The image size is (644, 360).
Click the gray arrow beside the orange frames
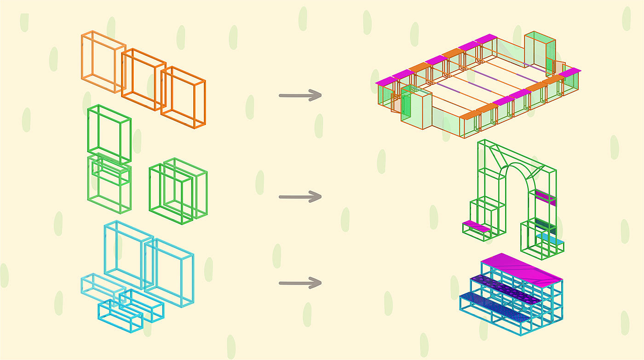coord(300,96)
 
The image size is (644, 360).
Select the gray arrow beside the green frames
coord(300,197)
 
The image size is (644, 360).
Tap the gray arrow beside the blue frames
coord(300,283)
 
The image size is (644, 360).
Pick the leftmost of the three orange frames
coord(103,62)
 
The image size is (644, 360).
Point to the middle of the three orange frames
coord(143,80)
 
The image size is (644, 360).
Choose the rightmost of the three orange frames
coord(183,97)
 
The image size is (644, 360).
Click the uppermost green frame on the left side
coord(109,133)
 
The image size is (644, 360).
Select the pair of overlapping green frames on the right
coord(178,190)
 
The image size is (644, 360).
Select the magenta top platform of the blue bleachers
coord(522,269)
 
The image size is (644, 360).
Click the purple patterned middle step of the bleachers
coord(505,290)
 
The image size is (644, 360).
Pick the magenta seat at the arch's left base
coord(476,226)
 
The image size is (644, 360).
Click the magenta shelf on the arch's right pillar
coord(545,197)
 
